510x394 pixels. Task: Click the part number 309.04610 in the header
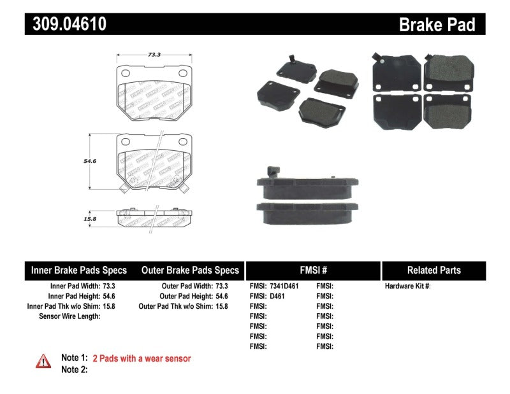pos(66,24)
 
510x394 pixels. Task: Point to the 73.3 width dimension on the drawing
pos(154,55)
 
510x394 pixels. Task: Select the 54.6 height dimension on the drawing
pos(91,161)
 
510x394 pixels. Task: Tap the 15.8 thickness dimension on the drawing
pos(91,218)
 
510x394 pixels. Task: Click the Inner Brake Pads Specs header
pos(79,271)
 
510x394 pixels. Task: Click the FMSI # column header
pos(312,271)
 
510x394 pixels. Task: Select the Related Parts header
pos(434,271)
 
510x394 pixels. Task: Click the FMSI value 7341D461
pos(284,286)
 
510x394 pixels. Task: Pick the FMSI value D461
pos(277,296)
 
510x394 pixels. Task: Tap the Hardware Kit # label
pos(407,286)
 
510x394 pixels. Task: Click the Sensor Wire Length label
pos(69,316)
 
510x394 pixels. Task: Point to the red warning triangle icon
pos(43,361)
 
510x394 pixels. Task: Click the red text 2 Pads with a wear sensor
pos(142,358)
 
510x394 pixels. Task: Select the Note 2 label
pos(74,369)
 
